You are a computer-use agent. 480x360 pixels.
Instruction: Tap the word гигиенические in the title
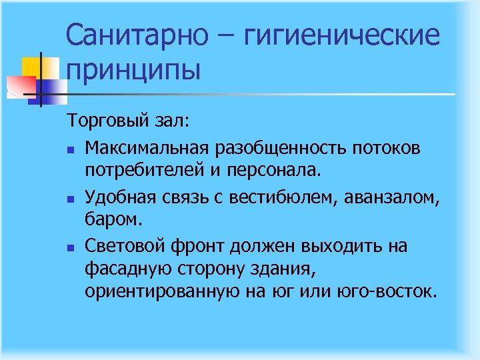coord(343,35)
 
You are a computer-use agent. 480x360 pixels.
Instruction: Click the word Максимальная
coord(146,146)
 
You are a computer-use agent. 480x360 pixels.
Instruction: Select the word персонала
coord(281,171)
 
